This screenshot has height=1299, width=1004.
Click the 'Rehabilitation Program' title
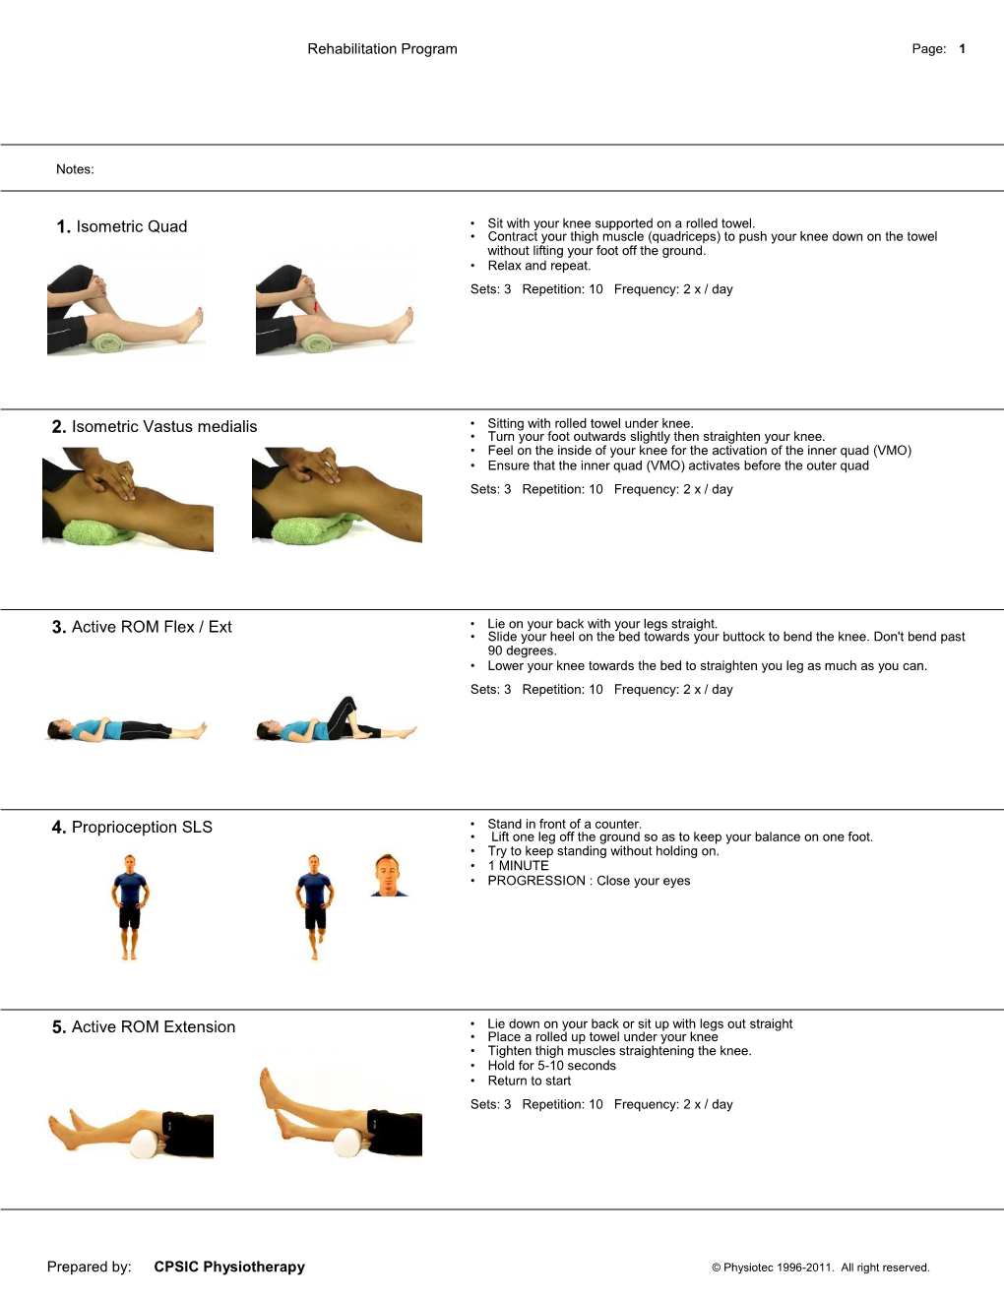pyautogui.click(x=382, y=49)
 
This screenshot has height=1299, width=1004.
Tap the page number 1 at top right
pyautogui.click(x=962, y=49)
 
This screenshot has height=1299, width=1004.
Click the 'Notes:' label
pyautogui.click(x=75, y=169)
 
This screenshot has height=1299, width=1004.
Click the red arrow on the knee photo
pyautogui.click(x=316, y=307)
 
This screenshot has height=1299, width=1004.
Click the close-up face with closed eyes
pyautogui.click(x=389, y=875)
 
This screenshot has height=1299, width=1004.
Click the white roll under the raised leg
pyautogui.click(x=349, y=1143)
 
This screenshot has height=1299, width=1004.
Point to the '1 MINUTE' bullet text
pyautogui.click(x=518, y=866)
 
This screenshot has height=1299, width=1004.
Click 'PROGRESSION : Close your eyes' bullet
pyautogui.click(x=589, y=881)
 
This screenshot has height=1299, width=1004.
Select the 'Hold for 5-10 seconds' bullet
pyautogui.click(x=552, y=1065)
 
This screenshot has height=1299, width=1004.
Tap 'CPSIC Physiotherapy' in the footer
pyautogui.click(x=229, y=1267)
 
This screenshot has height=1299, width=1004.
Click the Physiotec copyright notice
pyautogui.click(x=820, y=1268)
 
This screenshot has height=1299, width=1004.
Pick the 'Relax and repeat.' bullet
pyautogui.click(x=538, y=266)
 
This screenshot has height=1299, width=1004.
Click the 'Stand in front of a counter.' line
pyautogui.click(x=564, y=824)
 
